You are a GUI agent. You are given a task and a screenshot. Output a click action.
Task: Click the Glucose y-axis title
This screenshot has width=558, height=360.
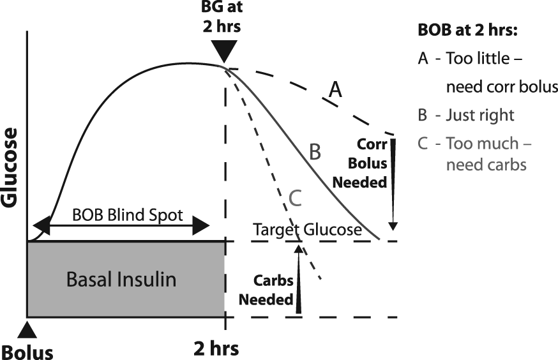[9, 167]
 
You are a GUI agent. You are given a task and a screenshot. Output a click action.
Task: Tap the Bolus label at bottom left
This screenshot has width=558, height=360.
[27, 352]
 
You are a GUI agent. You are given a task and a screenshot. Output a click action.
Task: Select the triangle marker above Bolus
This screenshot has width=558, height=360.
[27, 330]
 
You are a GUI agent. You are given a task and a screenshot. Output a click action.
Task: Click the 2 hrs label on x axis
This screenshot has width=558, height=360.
[216, 349]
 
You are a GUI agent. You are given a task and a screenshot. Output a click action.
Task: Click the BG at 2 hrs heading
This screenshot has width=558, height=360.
[222, 17]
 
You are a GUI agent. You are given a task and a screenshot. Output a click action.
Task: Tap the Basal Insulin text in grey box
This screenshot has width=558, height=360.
[121, 279]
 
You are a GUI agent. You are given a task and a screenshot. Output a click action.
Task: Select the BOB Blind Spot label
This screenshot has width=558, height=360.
[128, 215]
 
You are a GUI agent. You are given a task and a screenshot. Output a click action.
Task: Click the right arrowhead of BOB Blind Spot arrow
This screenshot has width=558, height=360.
[200, 225]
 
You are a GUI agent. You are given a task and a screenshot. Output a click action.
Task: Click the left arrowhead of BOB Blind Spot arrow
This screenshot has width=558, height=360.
[41, 225]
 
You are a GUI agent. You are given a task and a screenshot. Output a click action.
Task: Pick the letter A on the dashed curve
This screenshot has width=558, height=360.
[335, 89]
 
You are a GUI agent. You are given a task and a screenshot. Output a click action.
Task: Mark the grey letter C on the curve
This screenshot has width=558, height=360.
[296, 198]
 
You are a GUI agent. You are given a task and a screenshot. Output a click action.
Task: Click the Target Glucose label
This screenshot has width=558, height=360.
[308, 230]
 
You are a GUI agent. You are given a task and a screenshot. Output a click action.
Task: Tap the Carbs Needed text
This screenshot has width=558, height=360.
[266, 290]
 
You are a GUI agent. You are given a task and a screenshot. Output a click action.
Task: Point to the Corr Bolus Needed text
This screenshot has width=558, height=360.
[360, 163]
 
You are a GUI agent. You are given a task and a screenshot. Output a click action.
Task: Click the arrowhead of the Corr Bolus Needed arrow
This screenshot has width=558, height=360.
[393, 226]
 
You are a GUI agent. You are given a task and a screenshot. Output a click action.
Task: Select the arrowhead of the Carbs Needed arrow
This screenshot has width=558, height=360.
[299, 249]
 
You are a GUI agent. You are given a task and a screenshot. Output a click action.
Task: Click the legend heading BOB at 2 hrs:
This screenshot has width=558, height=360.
[467, 30]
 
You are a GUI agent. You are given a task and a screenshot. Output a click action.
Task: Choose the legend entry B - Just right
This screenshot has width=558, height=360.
[466, 116]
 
